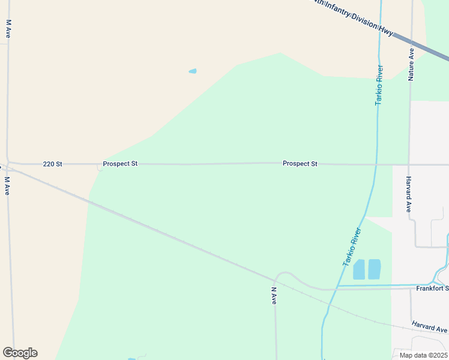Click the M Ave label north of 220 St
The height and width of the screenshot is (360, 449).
(9, 29)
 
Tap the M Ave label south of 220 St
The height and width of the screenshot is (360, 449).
(8, 185)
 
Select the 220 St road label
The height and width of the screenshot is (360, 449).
(53, 164)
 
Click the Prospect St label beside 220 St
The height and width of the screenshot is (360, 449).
(120, 164)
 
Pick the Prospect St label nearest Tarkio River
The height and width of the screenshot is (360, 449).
(300, 164)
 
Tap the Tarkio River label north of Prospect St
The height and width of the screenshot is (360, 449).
(379, 85)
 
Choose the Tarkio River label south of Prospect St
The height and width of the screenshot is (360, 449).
(352, 247)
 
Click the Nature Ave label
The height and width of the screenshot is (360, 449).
(411, 65)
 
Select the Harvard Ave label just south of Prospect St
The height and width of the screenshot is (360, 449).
(408, 194)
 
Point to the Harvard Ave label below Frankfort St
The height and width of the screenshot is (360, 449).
(430, 328)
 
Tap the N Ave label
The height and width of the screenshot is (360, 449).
(274, 295)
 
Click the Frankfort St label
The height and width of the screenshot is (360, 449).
(432, 289)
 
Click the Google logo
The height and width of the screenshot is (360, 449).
(20, 353)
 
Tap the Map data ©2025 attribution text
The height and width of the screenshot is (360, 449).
(423, 355)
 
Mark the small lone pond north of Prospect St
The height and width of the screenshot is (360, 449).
(193, 71)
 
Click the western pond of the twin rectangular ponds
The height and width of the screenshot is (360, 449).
(359, 269)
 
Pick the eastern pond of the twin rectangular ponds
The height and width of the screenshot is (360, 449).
(375, 269)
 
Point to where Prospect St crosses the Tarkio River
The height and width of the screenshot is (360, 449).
(376, 164)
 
